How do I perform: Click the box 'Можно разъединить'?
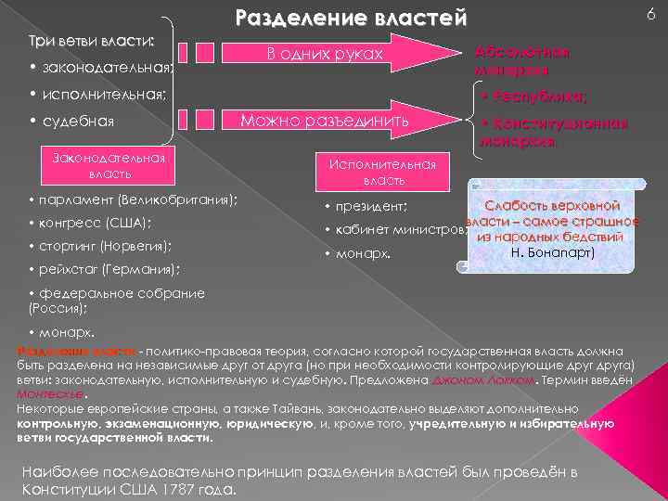point(325,121)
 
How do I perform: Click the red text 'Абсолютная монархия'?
point(522,61)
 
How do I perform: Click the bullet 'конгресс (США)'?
point(94,224)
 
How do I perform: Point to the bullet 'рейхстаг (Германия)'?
point(107,270)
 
